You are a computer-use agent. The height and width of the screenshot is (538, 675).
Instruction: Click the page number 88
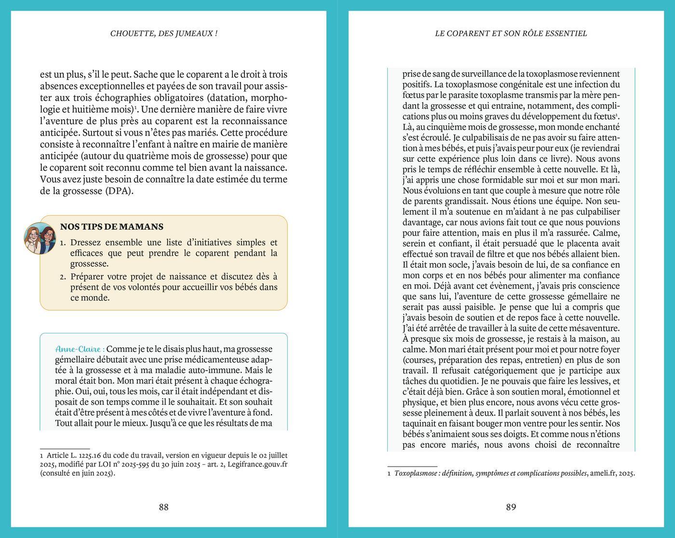coord(163,507)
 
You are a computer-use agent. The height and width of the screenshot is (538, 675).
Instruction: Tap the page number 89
coord(511,507)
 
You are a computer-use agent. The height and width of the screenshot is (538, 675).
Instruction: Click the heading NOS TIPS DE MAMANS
coord(111,227)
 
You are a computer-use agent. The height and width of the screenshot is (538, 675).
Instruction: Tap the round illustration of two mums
coord(40,238)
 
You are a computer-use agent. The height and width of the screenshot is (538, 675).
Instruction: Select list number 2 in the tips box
coord(63,277)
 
